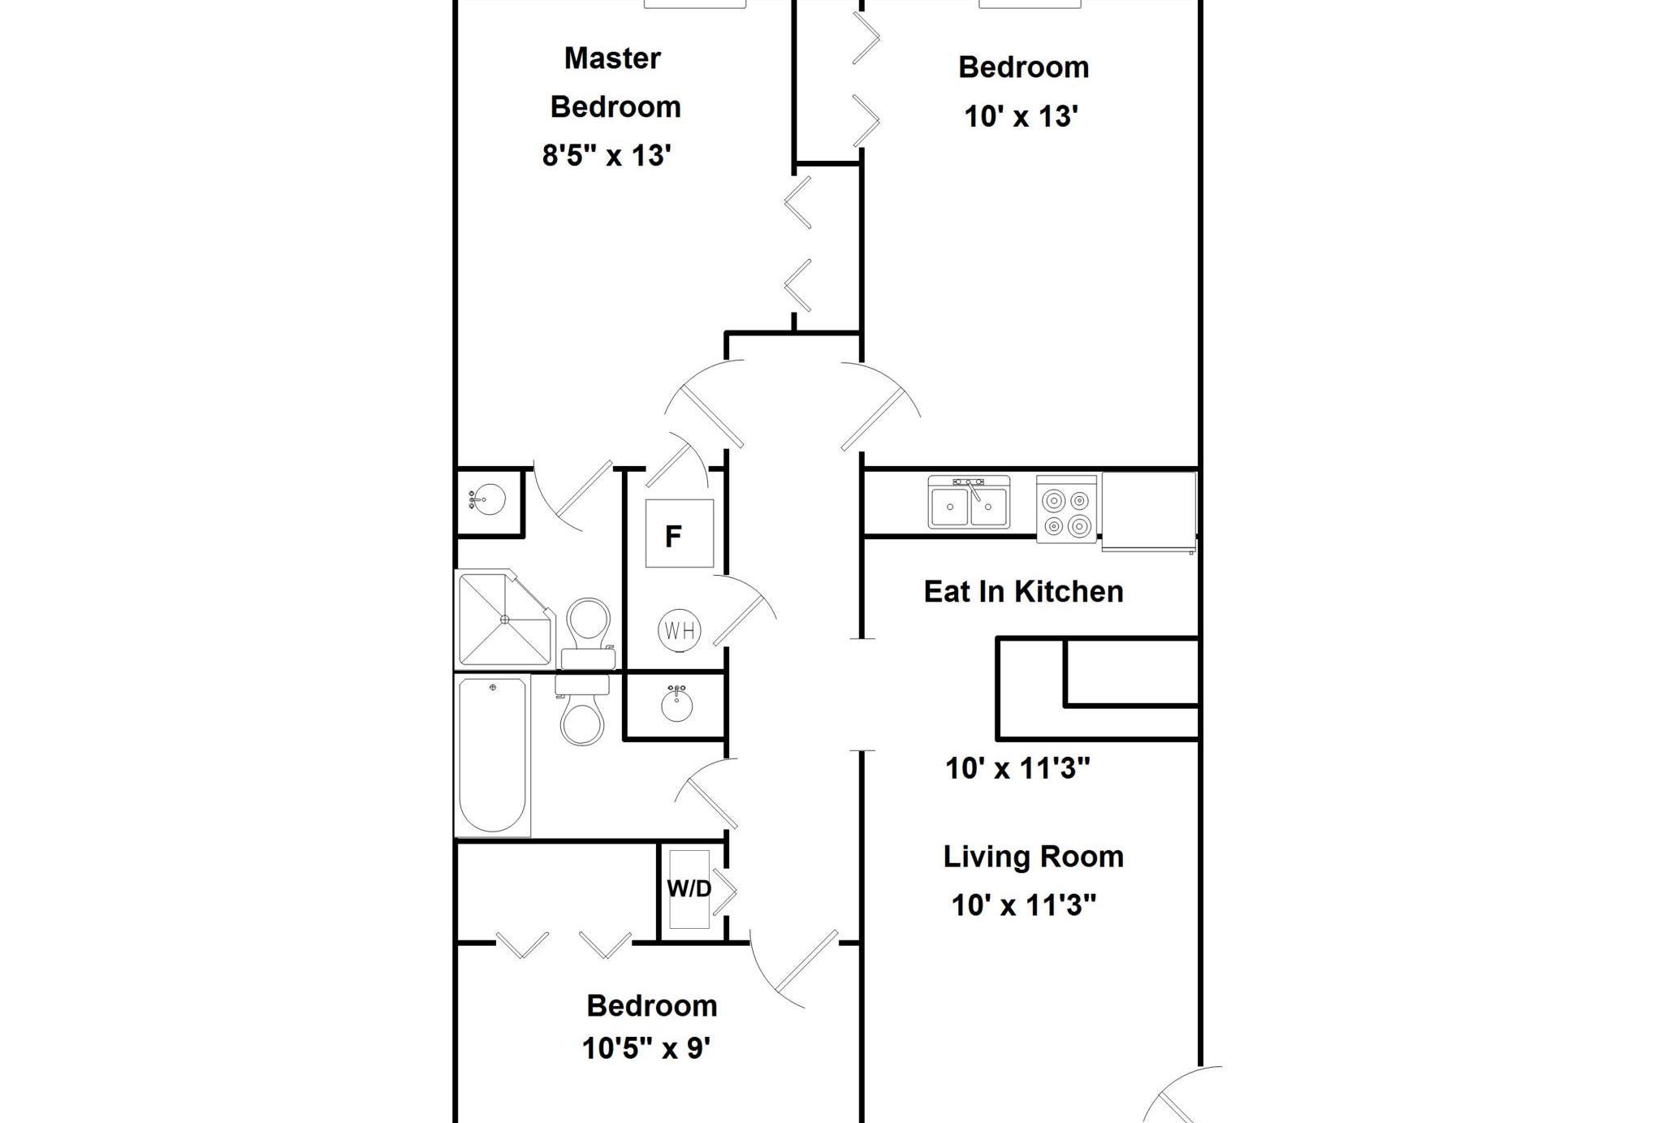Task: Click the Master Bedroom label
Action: [615, 83]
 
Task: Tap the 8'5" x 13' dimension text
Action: [607, 155]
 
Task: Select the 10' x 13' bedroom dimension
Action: [1021, 116]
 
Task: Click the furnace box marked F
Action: [680, 533]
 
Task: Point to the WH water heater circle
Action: [680, 630]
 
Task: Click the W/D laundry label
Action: [689, 888]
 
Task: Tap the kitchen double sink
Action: [970, 503]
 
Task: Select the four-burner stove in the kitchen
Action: [1067, 509]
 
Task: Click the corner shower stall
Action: [505, 619]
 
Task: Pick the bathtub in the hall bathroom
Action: [493, 755]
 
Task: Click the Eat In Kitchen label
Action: [1023, 591]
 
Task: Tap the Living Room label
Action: [1033, 857]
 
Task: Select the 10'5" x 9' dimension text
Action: [646, 1048]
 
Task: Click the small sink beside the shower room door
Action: [486, 499]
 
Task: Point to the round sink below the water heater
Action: [676, 703]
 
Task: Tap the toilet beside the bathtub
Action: [582, 711]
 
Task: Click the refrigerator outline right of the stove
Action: [1148, 512]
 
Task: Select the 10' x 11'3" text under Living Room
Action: [1024, 905]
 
